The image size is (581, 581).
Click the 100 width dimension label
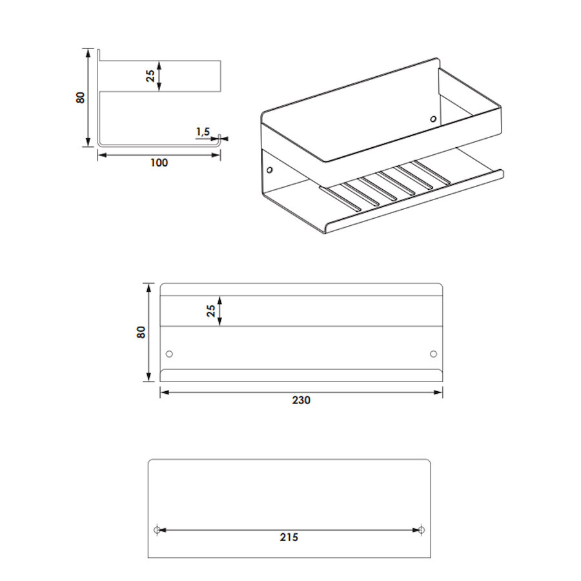(x=159, y=163)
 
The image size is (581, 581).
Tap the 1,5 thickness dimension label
(x=203, y=132)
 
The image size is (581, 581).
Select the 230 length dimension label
(x=301, y=400)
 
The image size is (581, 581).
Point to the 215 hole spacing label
(x=289, y=537)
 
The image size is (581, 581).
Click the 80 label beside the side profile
(x=81, y=97)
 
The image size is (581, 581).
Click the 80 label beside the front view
(x=141, y=332)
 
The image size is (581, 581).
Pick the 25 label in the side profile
(x=150, y=76)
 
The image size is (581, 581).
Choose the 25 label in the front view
(x=211, y=311)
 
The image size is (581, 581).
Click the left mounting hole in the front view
(x=169, y=354)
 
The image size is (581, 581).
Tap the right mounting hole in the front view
(x=433, y=354)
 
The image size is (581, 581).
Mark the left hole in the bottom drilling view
(x=157, y=530)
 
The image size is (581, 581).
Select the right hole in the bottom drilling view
(x=422, y=530)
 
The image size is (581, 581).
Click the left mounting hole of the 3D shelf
(x=269, y=170)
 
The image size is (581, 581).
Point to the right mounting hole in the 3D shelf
(x=433, y=119)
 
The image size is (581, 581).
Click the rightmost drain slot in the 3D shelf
(x=432, y=172)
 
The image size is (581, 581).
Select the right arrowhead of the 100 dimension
(x=216, y=155)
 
